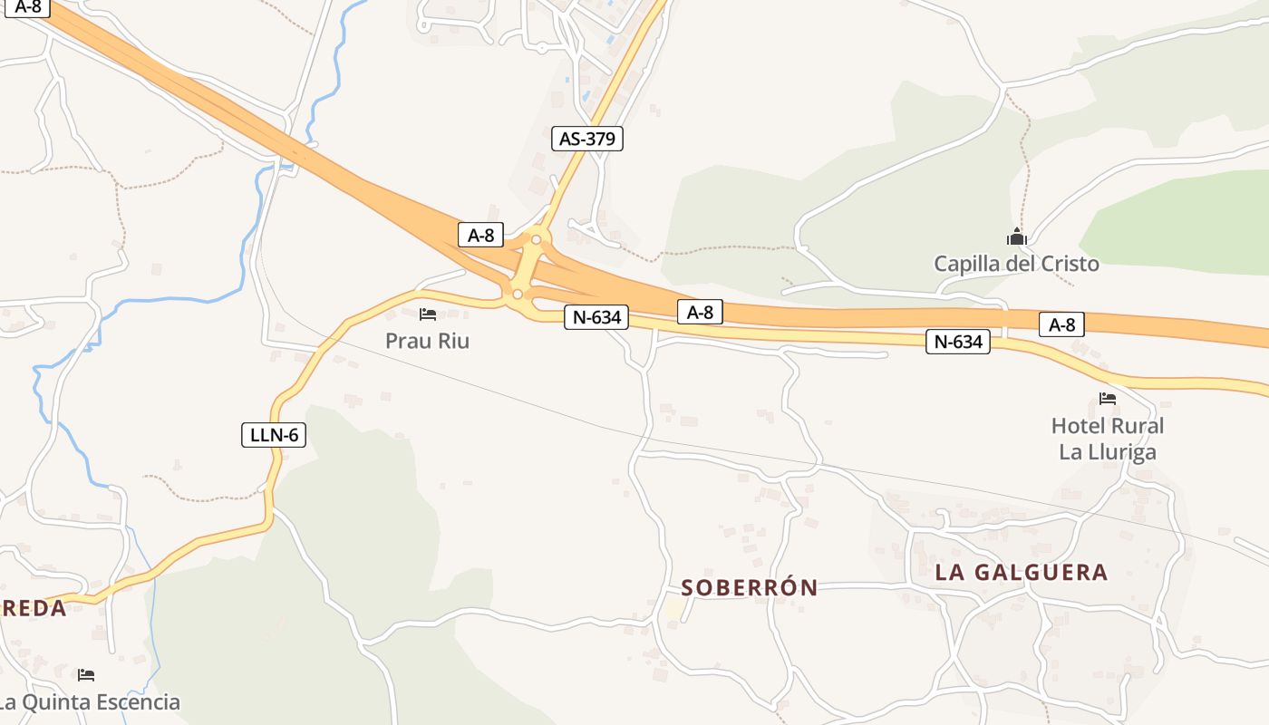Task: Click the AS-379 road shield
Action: pyautogui.click(x=587, y=139)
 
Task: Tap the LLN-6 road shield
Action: pyautogui.click(x=274, y=435)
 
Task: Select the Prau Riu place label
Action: pyautogui.click(x=428, y=342)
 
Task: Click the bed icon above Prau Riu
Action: pyautogui.click(x=428, y=314)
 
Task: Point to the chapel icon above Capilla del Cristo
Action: pyautogui.click(x=1016, y=237)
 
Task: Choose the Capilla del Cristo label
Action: pyautogui.click(x=1016, y=264)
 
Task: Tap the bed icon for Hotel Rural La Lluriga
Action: pyautogui.click(x=1107, y=399)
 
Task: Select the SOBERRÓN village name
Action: pyautogui.click(x=750, y=588)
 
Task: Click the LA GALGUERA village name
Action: pyautogui.click(x=1022, y=572)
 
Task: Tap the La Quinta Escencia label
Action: pyautogui.click(x=89, y=702)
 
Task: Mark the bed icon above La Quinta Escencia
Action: pyautogui.click(x=86, y=675)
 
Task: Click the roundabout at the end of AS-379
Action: pyautogui.click(x=537, y=240)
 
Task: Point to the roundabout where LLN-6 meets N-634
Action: pyautogui.click(x=517, y=295)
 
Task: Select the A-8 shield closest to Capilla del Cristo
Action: pyautogui.click(x=1061, y=324)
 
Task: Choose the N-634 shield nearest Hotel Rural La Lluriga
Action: pyautogui.click(x=957, y=342)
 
